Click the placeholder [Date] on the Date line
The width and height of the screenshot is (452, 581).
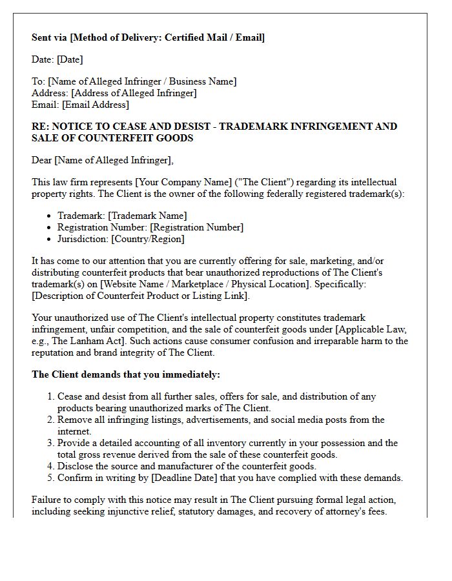(x=70, y=59)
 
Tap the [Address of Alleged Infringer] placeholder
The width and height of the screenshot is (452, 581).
(x=135, y=93)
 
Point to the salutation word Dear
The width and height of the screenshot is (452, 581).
(x=42, y=160)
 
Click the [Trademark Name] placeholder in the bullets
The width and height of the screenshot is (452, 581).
(x=148, y=216)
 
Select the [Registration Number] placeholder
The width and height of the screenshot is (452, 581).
(x=197, y=227)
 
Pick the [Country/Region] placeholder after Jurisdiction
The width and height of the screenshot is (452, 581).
(x=148, y=239)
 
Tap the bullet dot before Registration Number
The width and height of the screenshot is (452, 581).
(x=50, y=227)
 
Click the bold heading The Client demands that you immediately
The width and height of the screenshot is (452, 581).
(x=126, y=374)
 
